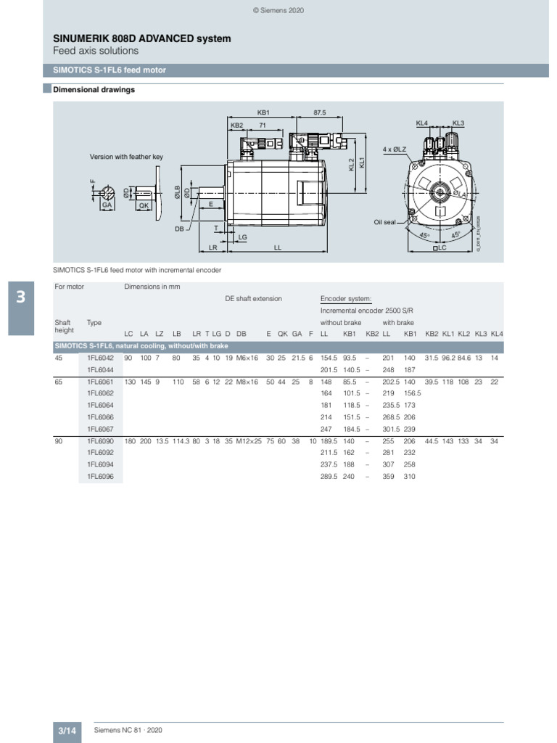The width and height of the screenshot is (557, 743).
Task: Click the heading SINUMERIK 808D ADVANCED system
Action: (142, 38)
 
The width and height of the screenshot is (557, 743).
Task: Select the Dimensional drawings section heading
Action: (94, 90)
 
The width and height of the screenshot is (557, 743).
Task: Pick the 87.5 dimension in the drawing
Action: (320, 113)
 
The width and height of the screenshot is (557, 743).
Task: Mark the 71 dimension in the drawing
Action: (264, 126)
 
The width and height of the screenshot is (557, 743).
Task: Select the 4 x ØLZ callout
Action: (395, 149)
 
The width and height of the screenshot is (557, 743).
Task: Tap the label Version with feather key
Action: (125, 157)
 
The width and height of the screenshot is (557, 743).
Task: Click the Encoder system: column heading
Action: (346, 298)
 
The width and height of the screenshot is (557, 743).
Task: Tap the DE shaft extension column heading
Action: (253, 298)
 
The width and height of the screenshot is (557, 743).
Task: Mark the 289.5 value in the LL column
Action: (329, 476)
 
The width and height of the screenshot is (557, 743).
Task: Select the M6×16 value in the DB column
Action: (247, 358)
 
